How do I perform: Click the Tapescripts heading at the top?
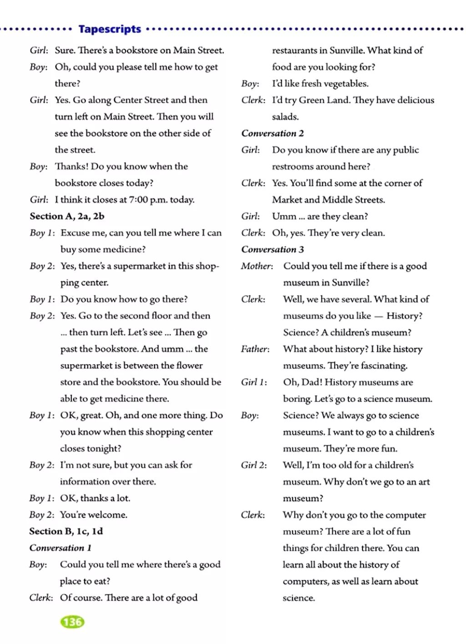click(110, 29)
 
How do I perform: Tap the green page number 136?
click(72, 622)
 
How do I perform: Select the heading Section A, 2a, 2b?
click(67, 216)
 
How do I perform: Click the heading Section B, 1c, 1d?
click(66, 531)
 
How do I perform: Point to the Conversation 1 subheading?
click(60, 548)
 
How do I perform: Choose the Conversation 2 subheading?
click(272, 133)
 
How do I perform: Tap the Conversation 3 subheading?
click(272, 249)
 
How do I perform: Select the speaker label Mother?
click(257, 266)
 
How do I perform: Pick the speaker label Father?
click(255, 349)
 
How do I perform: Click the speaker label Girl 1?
click(254, 382)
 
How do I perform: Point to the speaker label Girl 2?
click(254, 465)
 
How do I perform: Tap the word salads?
click(285, 117)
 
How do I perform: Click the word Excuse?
click(76, 233)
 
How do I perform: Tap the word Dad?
click(309, 382)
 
